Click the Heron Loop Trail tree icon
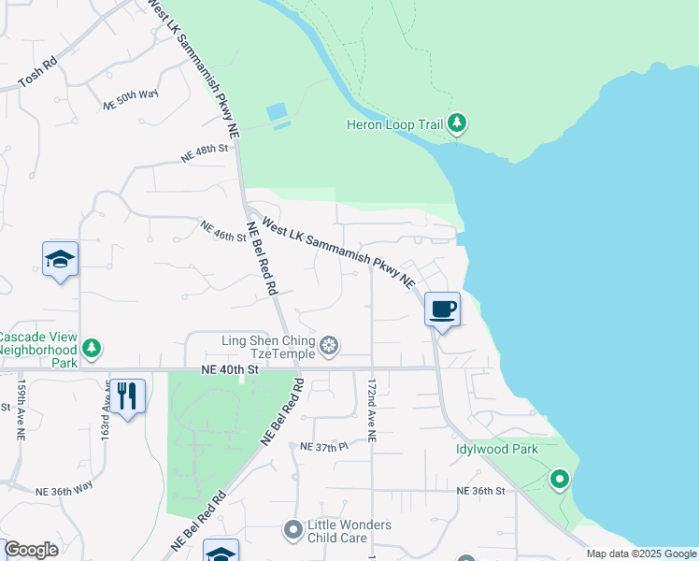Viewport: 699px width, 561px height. (x=457, y=123)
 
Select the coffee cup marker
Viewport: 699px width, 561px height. (x=443, y=308)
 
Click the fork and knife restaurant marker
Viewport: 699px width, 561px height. (x=127, y=395)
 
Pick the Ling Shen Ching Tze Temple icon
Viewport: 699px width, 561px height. (x=329, y=347)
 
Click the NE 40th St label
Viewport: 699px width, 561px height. (x=228, y=370)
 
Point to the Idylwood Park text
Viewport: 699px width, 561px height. (x=496, y=449)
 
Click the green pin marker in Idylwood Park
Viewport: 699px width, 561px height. (x=560, y=480)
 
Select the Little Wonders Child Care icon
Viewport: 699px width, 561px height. (x=293, y=530)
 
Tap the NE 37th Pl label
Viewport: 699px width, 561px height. (x=323, y=448)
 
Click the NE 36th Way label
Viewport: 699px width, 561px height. (x=64, y=488)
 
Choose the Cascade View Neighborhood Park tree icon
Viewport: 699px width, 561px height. (x=91, y=349)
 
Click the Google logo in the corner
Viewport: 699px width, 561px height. (x=31, y=550)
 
